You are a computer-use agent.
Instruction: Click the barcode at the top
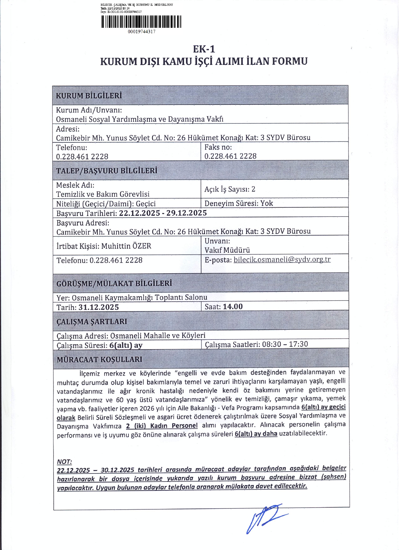(141, 21)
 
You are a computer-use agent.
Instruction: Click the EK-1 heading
(204, 49)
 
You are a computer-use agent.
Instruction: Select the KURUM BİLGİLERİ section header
(89, 96)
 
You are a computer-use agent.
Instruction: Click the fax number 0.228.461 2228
(230, 156)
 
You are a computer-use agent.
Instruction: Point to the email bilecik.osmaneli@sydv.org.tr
(282, 260)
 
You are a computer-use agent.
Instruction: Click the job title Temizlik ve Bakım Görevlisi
(103, 194)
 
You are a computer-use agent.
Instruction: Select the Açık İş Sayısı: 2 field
(230, 189)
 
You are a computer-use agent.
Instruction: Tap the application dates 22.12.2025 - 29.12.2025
(163, 213)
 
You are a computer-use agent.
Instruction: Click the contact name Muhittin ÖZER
(126, 246)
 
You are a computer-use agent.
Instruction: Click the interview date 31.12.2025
(98, 307)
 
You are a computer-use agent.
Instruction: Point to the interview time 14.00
(232, 307)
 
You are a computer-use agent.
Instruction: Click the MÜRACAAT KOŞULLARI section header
(99, 360)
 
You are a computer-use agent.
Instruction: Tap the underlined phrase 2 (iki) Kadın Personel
(162, 426)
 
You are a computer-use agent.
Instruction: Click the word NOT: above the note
(64, 462)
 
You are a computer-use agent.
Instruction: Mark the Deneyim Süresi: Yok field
(239, 203)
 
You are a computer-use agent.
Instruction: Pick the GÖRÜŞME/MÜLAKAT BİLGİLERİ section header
(114, 284)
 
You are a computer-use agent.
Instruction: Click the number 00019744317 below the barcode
(141, 32)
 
